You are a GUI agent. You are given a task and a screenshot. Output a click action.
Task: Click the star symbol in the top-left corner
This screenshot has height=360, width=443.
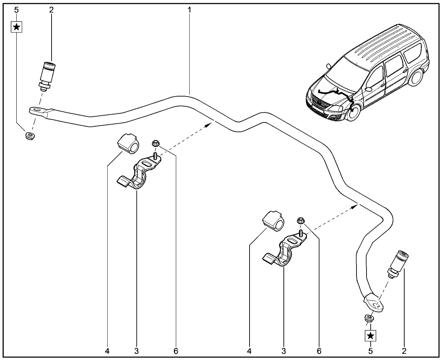click(x=17, y=27)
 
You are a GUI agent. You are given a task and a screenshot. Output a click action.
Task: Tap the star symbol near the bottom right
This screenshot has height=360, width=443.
click(x=371, y=335)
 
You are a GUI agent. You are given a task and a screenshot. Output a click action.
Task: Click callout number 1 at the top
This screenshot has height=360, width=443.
click(x=190, y=10)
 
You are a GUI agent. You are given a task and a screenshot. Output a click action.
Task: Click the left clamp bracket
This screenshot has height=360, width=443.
click(x=138, y=174)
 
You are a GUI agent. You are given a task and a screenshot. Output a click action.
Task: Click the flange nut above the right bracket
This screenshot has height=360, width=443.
click(x=301, y=220)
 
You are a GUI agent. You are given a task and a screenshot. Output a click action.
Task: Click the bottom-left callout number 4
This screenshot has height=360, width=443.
click(x=107, y=351)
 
